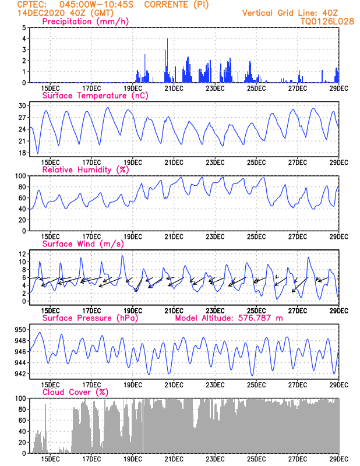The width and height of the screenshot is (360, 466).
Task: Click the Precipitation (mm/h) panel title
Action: coord(85,22)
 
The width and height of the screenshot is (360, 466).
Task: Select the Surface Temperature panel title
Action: coord(95,96)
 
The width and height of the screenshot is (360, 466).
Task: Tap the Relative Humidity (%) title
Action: coord(85,170)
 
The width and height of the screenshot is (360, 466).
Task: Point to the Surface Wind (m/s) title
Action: coord(83,244)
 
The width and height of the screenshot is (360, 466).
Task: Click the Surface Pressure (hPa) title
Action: coord(90,318)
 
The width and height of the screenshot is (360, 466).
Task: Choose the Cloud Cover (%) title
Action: coord(76,392)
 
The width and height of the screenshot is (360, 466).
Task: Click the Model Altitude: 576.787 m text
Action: coord(229,318)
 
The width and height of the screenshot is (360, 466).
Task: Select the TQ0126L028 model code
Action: coord(327,22)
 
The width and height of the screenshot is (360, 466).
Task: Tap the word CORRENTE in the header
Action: coord(166,5)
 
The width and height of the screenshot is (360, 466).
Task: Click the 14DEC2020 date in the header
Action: coord(41,13)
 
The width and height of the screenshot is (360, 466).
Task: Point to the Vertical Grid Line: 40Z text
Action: coord(290,13)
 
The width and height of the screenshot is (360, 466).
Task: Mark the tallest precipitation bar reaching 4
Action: coord(167,61)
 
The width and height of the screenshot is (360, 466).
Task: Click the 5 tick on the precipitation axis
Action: coord(24,27)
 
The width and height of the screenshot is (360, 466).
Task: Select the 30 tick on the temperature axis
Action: coord(22,106)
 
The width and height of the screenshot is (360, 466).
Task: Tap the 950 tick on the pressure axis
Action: coord(20,330)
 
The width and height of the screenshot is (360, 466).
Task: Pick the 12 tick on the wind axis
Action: coord(22,254)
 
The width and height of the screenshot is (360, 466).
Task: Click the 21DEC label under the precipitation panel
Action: coord(174,89)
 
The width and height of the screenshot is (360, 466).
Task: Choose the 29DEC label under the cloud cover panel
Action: coord(339,459)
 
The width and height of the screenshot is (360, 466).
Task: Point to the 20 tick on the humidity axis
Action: coord(22,220)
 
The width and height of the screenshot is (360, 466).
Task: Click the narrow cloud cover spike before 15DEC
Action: coord(45,429)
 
